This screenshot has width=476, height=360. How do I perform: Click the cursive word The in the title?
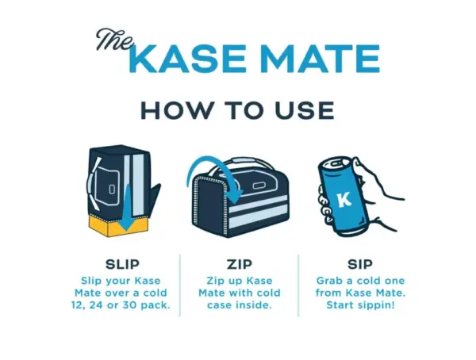115,40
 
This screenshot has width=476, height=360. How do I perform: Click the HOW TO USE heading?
237,110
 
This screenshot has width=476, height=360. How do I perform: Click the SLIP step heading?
122,264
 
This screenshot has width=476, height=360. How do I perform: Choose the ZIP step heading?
240,264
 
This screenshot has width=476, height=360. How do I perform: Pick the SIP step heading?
359,264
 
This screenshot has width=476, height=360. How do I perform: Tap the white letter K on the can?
345,200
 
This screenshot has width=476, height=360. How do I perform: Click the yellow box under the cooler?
118,226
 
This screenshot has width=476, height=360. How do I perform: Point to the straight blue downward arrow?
127,208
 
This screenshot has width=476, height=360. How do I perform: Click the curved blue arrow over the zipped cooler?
213,170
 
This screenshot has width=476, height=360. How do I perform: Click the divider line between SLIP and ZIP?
180,285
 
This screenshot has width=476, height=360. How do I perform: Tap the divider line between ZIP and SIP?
298,285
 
